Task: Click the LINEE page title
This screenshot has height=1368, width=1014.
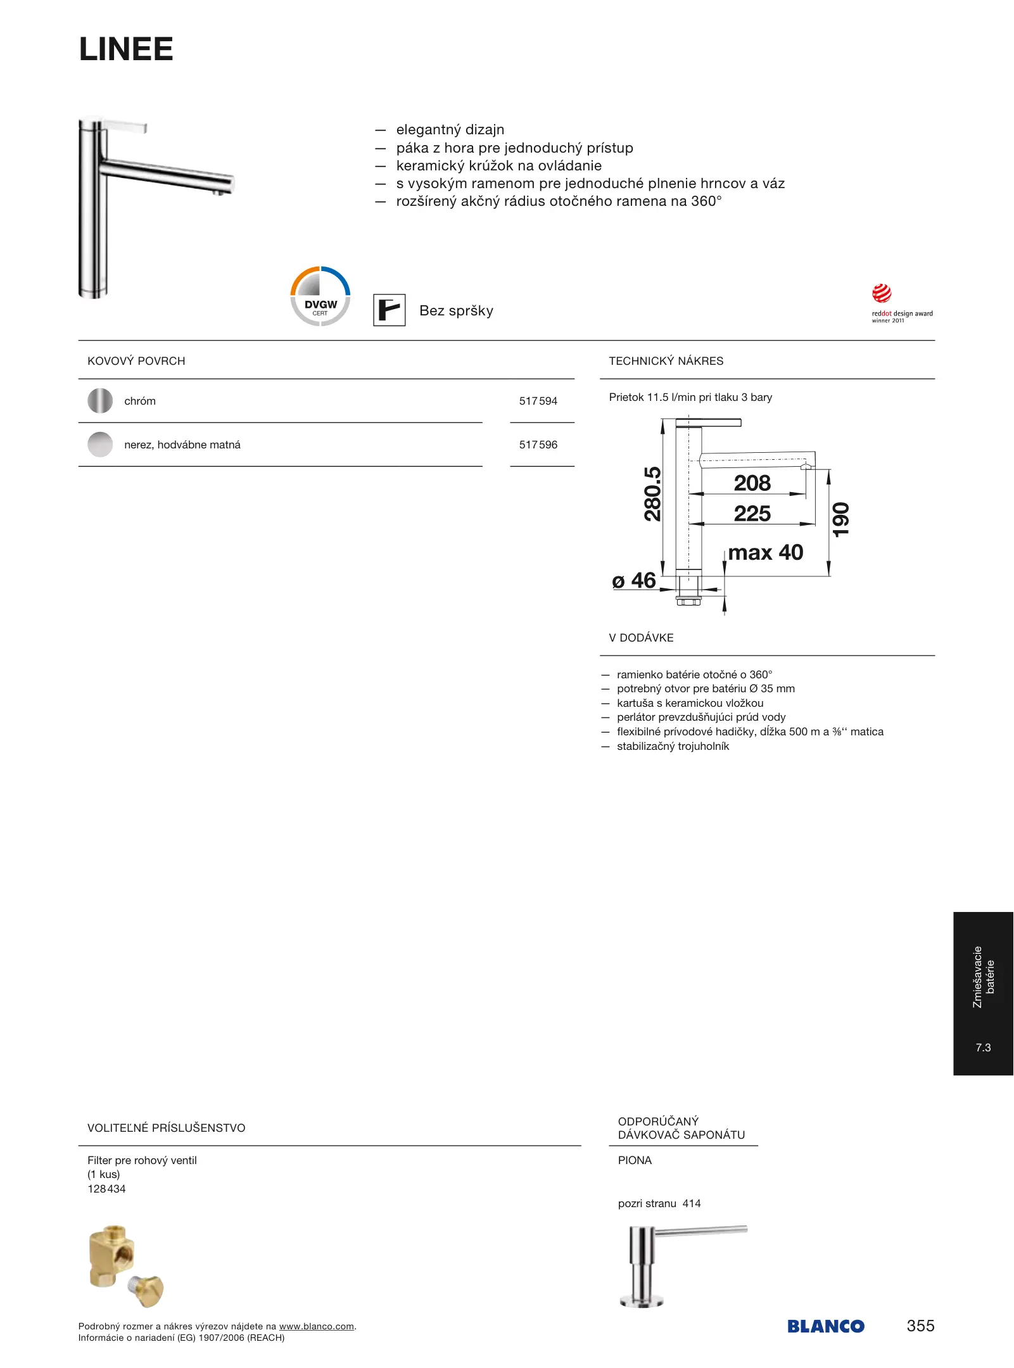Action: tap(126, 49)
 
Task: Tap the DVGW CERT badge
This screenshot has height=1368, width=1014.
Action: tap(320, 296)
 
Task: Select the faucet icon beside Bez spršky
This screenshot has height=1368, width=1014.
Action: tap(389, 310)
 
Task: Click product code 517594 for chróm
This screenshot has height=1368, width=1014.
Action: tap(538, 401)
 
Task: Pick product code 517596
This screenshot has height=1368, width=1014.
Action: tap(538, 445)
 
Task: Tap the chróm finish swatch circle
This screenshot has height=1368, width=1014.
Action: tap(100, 401)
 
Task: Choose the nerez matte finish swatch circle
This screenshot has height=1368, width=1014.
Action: tap(100, 445)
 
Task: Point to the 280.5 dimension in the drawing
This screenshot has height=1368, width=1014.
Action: tap(652, 494)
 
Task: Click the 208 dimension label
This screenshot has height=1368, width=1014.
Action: tap(752, 483)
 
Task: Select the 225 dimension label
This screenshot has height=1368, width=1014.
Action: tap(752, 514)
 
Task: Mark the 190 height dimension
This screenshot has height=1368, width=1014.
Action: tap(840, 519)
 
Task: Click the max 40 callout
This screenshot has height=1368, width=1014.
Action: tap(765, 553)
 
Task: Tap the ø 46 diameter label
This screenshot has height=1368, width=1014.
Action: tap(634, 581)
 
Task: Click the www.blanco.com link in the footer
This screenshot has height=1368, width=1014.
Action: tap(316, 1326)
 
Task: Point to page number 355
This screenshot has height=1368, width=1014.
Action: tap(920, 1326)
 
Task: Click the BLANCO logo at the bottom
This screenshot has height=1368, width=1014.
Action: tap(826, 1326)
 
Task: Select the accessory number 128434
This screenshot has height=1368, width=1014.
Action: tap(106, 1189)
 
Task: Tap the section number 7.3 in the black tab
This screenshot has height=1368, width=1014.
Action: tap(983, 1048)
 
